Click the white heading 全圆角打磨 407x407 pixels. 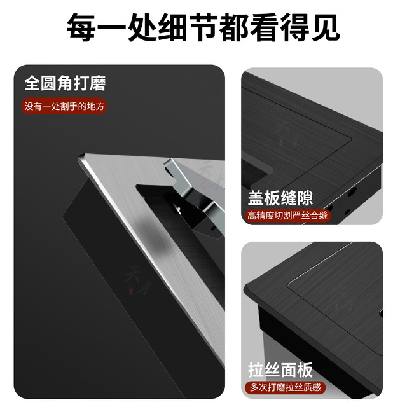[x=65, y=83]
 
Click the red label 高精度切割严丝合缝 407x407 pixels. [x=288, y=216]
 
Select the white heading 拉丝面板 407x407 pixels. [x=280, y=370]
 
